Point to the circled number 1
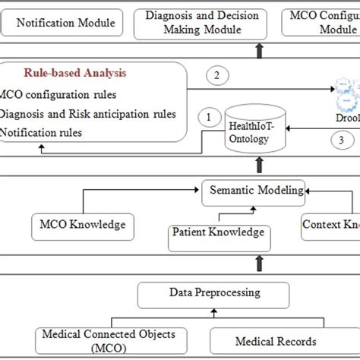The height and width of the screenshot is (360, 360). [x=206, y=116]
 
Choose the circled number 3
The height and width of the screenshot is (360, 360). [x=341, y=139]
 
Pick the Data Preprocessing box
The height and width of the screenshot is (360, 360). [x=213, y=292]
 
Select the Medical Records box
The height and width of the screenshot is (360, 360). [x=275, y=342]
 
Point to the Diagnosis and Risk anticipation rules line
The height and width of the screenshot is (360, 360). [x=88, y=115]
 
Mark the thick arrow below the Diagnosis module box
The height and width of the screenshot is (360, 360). [x=261, y=49]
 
